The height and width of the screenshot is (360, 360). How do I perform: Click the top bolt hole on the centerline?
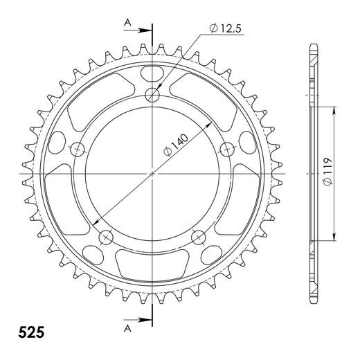152,95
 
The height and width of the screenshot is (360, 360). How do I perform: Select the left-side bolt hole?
78,148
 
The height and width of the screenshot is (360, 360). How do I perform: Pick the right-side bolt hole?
226,148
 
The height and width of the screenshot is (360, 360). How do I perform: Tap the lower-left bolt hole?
106,237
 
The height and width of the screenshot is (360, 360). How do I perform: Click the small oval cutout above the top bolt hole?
152,73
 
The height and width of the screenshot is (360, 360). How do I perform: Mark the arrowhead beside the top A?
144,30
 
